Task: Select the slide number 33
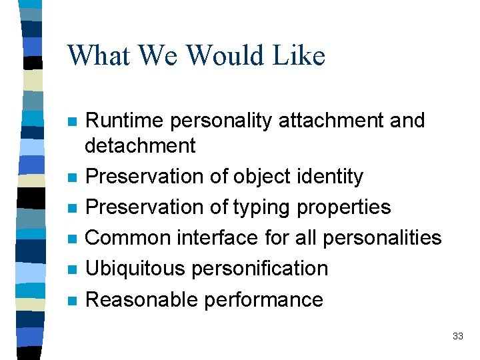457,336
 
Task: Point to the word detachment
141,145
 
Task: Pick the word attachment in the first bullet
328,121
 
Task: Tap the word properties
344,207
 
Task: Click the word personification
259,269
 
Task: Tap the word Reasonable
141,299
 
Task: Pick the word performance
263,300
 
